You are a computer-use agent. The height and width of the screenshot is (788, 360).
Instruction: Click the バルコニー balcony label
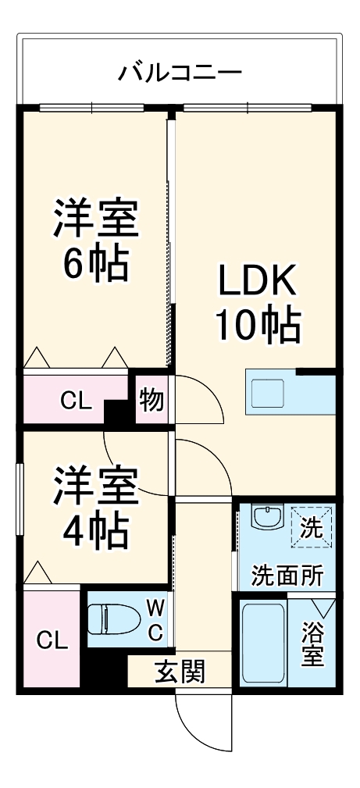[180, 73]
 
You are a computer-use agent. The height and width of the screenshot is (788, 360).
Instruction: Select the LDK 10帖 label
[258, 304]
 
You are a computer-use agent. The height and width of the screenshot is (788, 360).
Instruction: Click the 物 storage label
[151, 400]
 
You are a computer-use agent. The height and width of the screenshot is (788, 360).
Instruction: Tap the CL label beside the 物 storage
[76, 402]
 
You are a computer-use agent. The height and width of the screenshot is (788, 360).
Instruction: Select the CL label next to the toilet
[52, 640]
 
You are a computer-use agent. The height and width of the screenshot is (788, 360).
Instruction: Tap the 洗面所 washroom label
[287, 575]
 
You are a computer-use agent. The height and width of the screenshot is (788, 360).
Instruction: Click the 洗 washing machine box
[312, 527]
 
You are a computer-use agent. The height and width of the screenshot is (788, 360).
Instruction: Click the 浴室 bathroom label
[312, 644]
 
